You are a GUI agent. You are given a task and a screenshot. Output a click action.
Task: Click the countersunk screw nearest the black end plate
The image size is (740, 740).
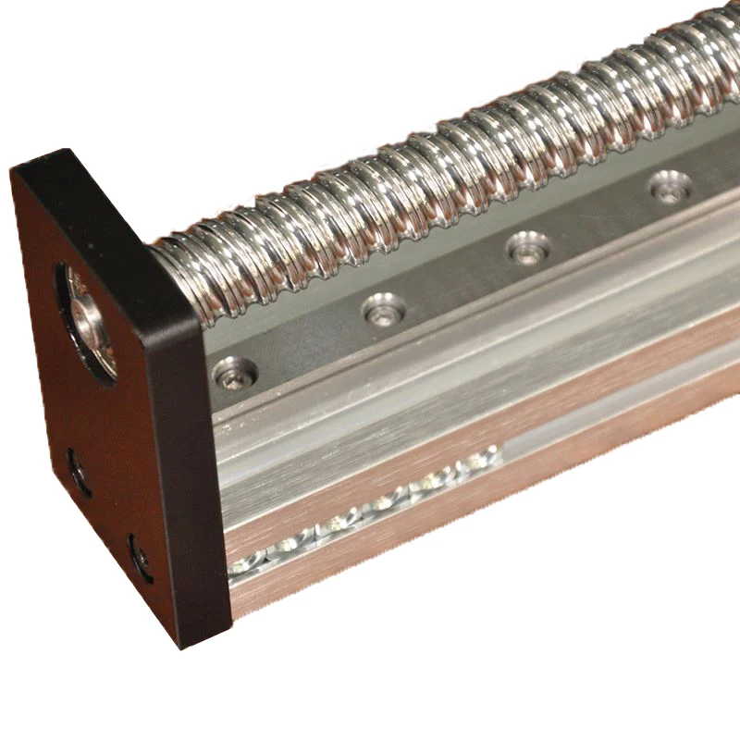pos(230,373)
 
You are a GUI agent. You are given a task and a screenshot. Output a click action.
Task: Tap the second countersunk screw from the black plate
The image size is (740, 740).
pos(384,309)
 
